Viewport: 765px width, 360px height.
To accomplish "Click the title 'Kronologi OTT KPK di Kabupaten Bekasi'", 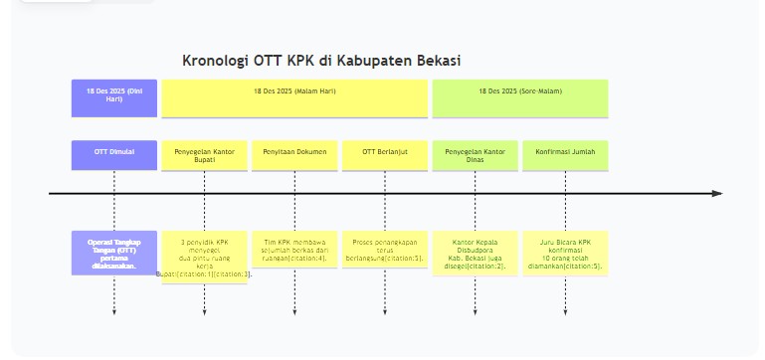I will (321, 61).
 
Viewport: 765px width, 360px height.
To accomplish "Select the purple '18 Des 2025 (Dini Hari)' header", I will (114, 97).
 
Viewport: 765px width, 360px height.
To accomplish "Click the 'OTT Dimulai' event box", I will (114, 154).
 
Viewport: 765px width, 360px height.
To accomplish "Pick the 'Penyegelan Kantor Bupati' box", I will (204, 155).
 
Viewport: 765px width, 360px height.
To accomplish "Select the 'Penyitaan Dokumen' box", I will (294, 154).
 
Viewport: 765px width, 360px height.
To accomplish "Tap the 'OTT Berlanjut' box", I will (385, 154).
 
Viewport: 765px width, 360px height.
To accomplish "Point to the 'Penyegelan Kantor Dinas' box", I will (475, 155).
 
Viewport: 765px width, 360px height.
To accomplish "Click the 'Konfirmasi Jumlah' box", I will (565, 154).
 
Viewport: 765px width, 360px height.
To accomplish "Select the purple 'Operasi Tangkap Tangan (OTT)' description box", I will (114, 253).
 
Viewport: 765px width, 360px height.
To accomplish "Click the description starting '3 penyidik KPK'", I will (204, 257).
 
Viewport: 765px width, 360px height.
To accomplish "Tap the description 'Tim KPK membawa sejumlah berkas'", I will (294, 253).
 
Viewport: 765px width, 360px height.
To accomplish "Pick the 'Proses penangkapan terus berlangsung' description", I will (385, 253).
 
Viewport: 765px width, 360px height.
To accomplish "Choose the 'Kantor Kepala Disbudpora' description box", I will (475, 253).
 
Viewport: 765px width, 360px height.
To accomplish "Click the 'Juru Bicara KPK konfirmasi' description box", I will (565, 253).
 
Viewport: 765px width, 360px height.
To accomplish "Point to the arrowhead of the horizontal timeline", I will (717, 193).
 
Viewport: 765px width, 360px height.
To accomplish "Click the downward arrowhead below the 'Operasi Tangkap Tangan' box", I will (114, 312).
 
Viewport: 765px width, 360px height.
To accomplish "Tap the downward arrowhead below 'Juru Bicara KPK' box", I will (565, 312).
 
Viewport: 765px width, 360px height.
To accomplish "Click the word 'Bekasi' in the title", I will (439, 61).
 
